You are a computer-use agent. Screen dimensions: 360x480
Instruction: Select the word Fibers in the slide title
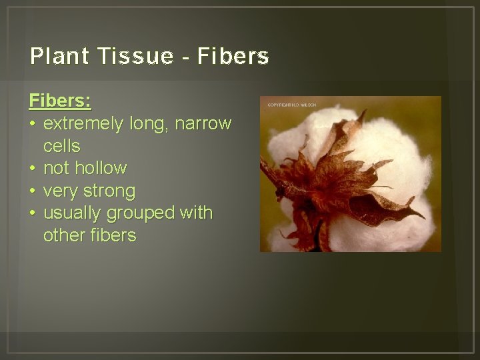(x=234, y=57)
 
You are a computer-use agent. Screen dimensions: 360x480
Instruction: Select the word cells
(x=61, y=146)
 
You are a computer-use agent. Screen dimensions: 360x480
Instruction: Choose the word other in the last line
(x=61, y=236)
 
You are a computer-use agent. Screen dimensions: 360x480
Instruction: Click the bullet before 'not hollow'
(x=33, y=169)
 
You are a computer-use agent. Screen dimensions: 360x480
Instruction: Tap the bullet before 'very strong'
(x=33, y=191)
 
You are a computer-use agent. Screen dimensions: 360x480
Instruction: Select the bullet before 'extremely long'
(x=33, y=124)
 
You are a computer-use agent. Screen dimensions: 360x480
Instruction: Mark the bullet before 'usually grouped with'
(x=33, y=213)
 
